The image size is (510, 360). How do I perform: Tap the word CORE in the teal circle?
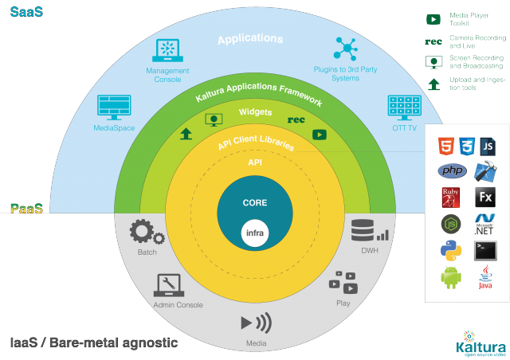(254, 203)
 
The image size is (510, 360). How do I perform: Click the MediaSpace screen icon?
(113, 107)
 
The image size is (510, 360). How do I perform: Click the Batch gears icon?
(147, 233)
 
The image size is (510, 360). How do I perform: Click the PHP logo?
(451, 171)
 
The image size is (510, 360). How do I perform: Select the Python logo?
(451, 251)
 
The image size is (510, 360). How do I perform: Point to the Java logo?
(485, 277)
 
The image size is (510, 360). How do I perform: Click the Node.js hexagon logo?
(451, 224)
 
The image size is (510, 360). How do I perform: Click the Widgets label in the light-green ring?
(256, 112)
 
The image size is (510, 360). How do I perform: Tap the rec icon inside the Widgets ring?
(296, 120)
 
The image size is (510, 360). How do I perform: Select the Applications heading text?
(250, 38)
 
